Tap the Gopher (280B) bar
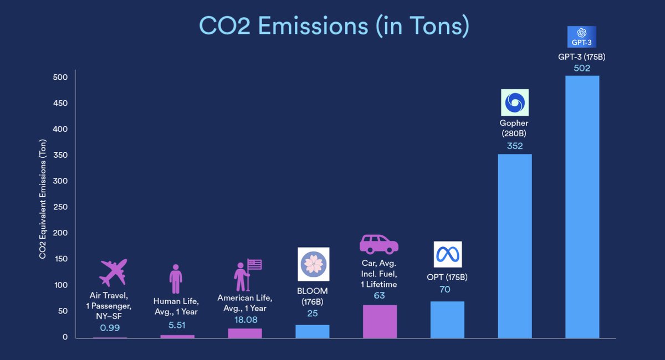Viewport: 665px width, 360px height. click(x=515, y=246)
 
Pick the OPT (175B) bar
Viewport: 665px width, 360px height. click(x=447, y=320)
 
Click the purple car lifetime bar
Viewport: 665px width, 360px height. click(x=380, y=321)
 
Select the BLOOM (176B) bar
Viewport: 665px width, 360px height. click(x=313, y=331)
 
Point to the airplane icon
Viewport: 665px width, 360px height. click(x=113, y=272)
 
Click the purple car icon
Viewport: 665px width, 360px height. click(x=379, y=244)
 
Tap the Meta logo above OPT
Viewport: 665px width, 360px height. click(x=447, y=255)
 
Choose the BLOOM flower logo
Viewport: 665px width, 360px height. click(x=314, y=264)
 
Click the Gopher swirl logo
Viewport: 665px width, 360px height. click(x=515, y=103)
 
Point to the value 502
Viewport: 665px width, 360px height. click(x=582, y=69)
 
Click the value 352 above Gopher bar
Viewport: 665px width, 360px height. click(x=515, y=147)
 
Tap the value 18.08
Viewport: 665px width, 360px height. click(x=244, y=320)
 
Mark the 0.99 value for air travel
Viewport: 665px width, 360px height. click(x=109, y=327)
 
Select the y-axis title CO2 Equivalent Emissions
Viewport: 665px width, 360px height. click(x=42, y=208)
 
